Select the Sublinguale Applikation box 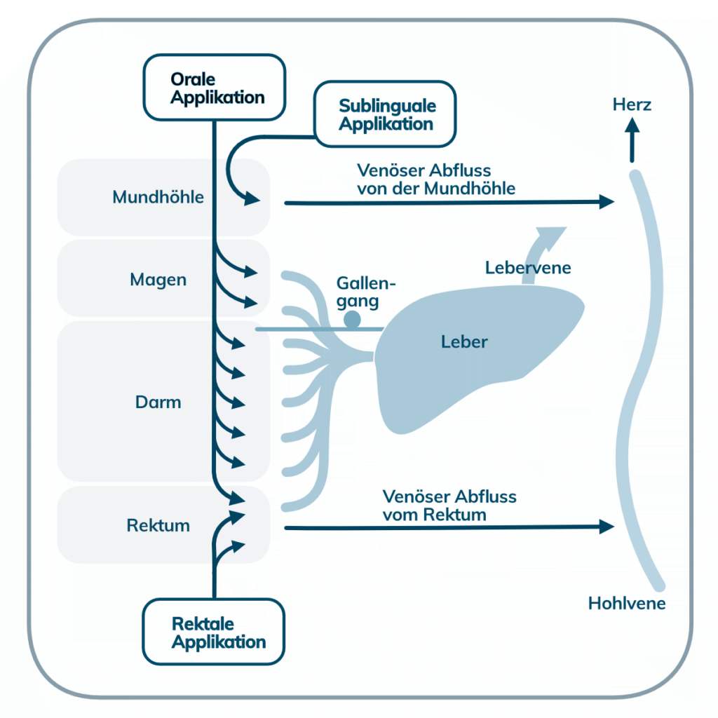coord(386,114)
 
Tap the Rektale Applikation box coord(215,632)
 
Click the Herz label coord(632,105)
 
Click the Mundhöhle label coord(158,197)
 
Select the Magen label coord(158,280)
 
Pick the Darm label coord(158,402)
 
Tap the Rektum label coord(158,525)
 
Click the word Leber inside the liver coord(464,342)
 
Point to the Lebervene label coord(528,267)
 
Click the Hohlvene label coord(627,603)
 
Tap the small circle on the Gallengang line coord(352,320)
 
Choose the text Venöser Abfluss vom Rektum coord(449,506)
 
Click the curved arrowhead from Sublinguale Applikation coord(251,201)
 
